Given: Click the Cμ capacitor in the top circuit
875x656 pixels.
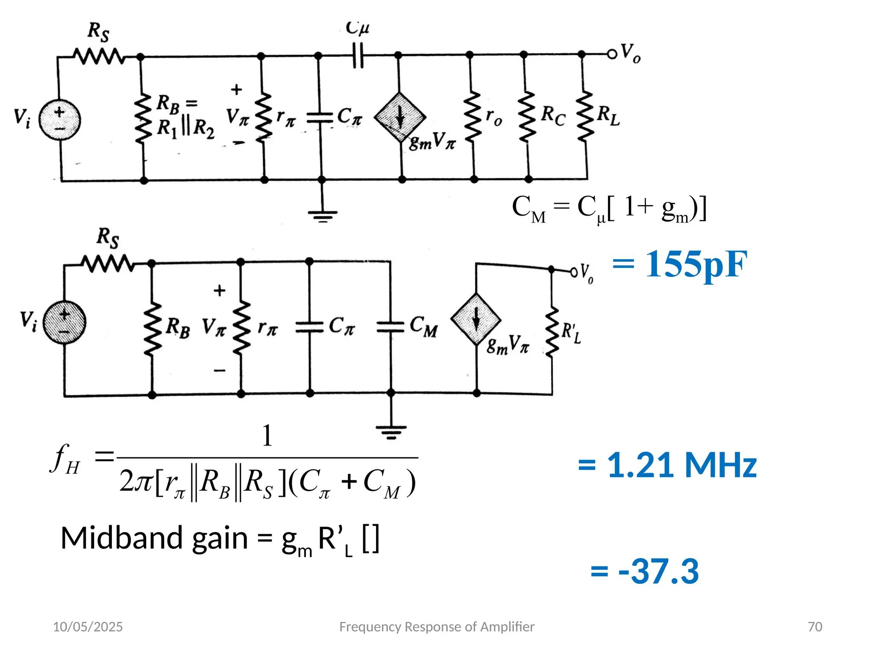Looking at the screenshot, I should tap(358, 56).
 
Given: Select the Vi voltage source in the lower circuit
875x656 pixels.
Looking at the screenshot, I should tap(65, 322).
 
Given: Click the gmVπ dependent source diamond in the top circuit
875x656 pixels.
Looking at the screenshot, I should tap(400, 117).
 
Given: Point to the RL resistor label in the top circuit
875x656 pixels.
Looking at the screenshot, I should tap(608, 115).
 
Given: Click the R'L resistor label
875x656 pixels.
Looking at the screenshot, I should tap(571, 333).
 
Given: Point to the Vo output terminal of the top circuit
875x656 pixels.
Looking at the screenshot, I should tap(612, 54).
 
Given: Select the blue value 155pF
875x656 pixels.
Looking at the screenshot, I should tap(680, 264).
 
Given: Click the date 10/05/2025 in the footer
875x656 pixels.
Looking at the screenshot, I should tap(88, 627).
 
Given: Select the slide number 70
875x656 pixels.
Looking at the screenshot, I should tap(815, 627).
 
